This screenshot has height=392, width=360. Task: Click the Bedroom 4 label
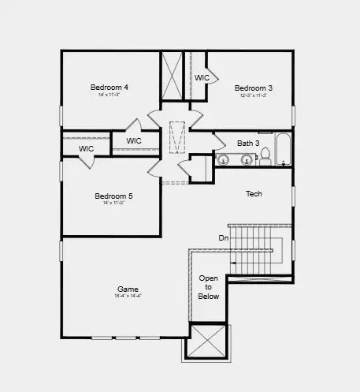[x=109, y=87]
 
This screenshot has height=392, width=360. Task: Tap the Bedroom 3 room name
[x=254, y=88]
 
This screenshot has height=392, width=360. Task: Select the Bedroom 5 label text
[x=113, y=196]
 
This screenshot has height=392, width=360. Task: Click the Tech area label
[x=254, y=194]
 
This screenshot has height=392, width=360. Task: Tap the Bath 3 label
[x=248, y=143]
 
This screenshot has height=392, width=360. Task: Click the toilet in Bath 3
[x=265, y=156]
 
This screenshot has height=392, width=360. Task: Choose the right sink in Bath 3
[x=247, y=160]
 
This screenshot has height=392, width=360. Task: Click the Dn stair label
[x=224, y=237]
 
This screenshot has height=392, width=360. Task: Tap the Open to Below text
[x=209, y=288]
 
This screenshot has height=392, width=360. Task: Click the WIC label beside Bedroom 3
[x=202, y=78]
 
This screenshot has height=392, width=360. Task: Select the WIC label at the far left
[x=86, y=148]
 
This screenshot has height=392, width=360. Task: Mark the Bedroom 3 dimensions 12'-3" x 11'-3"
[x=254, y=95]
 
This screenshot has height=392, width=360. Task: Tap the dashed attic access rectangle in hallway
[x=176, y=136]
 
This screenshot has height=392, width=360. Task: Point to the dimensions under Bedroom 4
[x=109, y=95]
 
